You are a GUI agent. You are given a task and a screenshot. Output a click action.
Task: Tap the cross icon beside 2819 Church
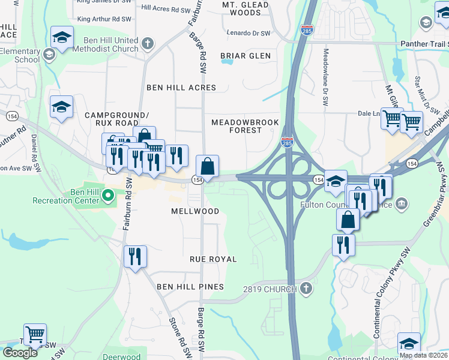click(x=306, y=289)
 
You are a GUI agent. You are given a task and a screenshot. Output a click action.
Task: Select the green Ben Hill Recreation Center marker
click(x=108, y=195)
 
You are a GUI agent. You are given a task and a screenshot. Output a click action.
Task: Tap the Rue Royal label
click(x=213, y=259)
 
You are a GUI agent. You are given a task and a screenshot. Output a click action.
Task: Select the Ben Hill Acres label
click(x=181, y=88)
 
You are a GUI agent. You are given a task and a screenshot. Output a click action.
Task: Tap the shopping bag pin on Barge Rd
click(x=207, y=166)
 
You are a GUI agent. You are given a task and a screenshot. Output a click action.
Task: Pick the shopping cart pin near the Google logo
click(x=35, y=334)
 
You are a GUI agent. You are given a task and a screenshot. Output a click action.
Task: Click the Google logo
click(x=19, y=353)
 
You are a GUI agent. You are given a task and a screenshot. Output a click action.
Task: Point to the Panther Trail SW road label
click(x=423, y=43)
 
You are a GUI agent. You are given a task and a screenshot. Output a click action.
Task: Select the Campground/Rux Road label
click(x=116, y=119)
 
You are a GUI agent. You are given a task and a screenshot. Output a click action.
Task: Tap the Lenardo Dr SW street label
click(x=249, y=32)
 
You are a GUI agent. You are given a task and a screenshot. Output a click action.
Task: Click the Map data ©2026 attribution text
click(x=423, y=355)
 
